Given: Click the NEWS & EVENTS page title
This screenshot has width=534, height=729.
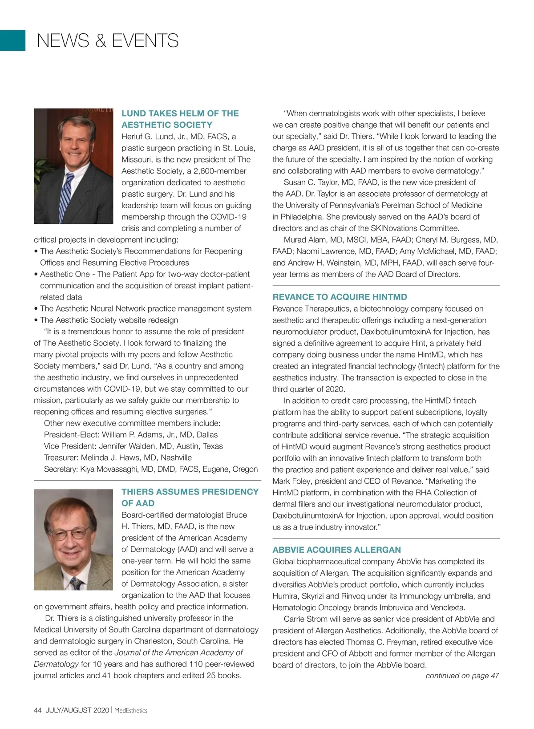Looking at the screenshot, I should tap(108, 40).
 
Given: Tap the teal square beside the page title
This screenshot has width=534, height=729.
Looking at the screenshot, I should tap(12, 40).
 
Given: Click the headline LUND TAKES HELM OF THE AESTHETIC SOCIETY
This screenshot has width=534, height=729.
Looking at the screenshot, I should tap(180, 119).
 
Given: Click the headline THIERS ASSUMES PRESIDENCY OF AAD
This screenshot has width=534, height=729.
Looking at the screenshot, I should tap(190, 498).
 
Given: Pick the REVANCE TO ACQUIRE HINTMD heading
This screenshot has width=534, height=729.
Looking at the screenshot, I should tap(340, 297).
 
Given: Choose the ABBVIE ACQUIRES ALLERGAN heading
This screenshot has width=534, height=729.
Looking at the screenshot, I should tap(336, 550).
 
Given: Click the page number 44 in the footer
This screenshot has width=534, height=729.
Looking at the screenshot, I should tap(38, 710).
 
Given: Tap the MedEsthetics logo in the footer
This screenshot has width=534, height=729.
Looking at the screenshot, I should tap(131, 710).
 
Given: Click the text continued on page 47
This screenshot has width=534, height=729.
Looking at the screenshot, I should tap(462, 676).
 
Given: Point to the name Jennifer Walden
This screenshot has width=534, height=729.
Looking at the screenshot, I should tap(129, 446).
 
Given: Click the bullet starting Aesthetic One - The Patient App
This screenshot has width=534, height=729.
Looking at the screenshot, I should tap(145, 274).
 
